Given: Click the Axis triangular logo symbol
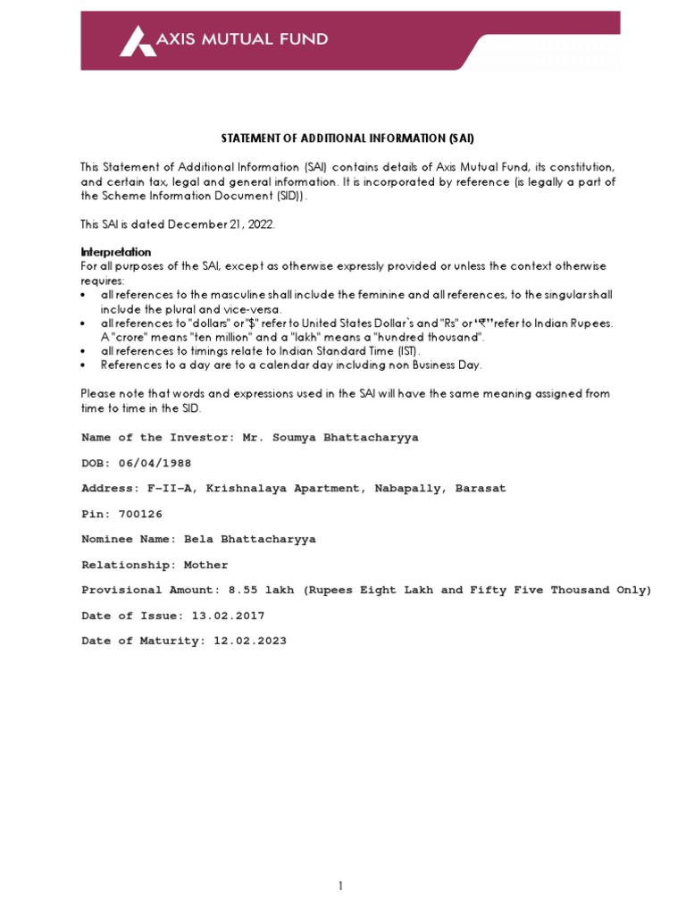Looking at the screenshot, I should [x=135, y=40].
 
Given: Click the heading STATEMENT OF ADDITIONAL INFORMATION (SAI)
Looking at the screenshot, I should [x=347, y=139].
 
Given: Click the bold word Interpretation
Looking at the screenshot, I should [x=116, y=252].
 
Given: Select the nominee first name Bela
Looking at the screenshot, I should [x=198, y=540].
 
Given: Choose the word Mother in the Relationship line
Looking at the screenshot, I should [x=205, y=565].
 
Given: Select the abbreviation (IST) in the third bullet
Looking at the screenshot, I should [x=376, y=351].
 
